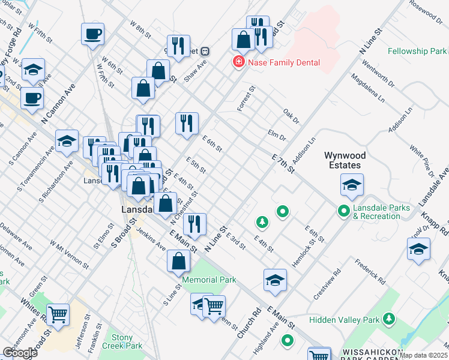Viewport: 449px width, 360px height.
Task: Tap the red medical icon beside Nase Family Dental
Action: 239,62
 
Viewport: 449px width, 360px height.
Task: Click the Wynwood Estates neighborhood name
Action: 345,160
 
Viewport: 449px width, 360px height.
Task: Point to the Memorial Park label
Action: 209,280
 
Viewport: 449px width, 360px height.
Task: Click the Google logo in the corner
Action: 20,353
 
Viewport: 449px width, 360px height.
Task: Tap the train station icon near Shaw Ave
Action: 205,52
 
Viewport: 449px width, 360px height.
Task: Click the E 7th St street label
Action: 283,163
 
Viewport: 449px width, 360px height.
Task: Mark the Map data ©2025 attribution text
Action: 424,355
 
